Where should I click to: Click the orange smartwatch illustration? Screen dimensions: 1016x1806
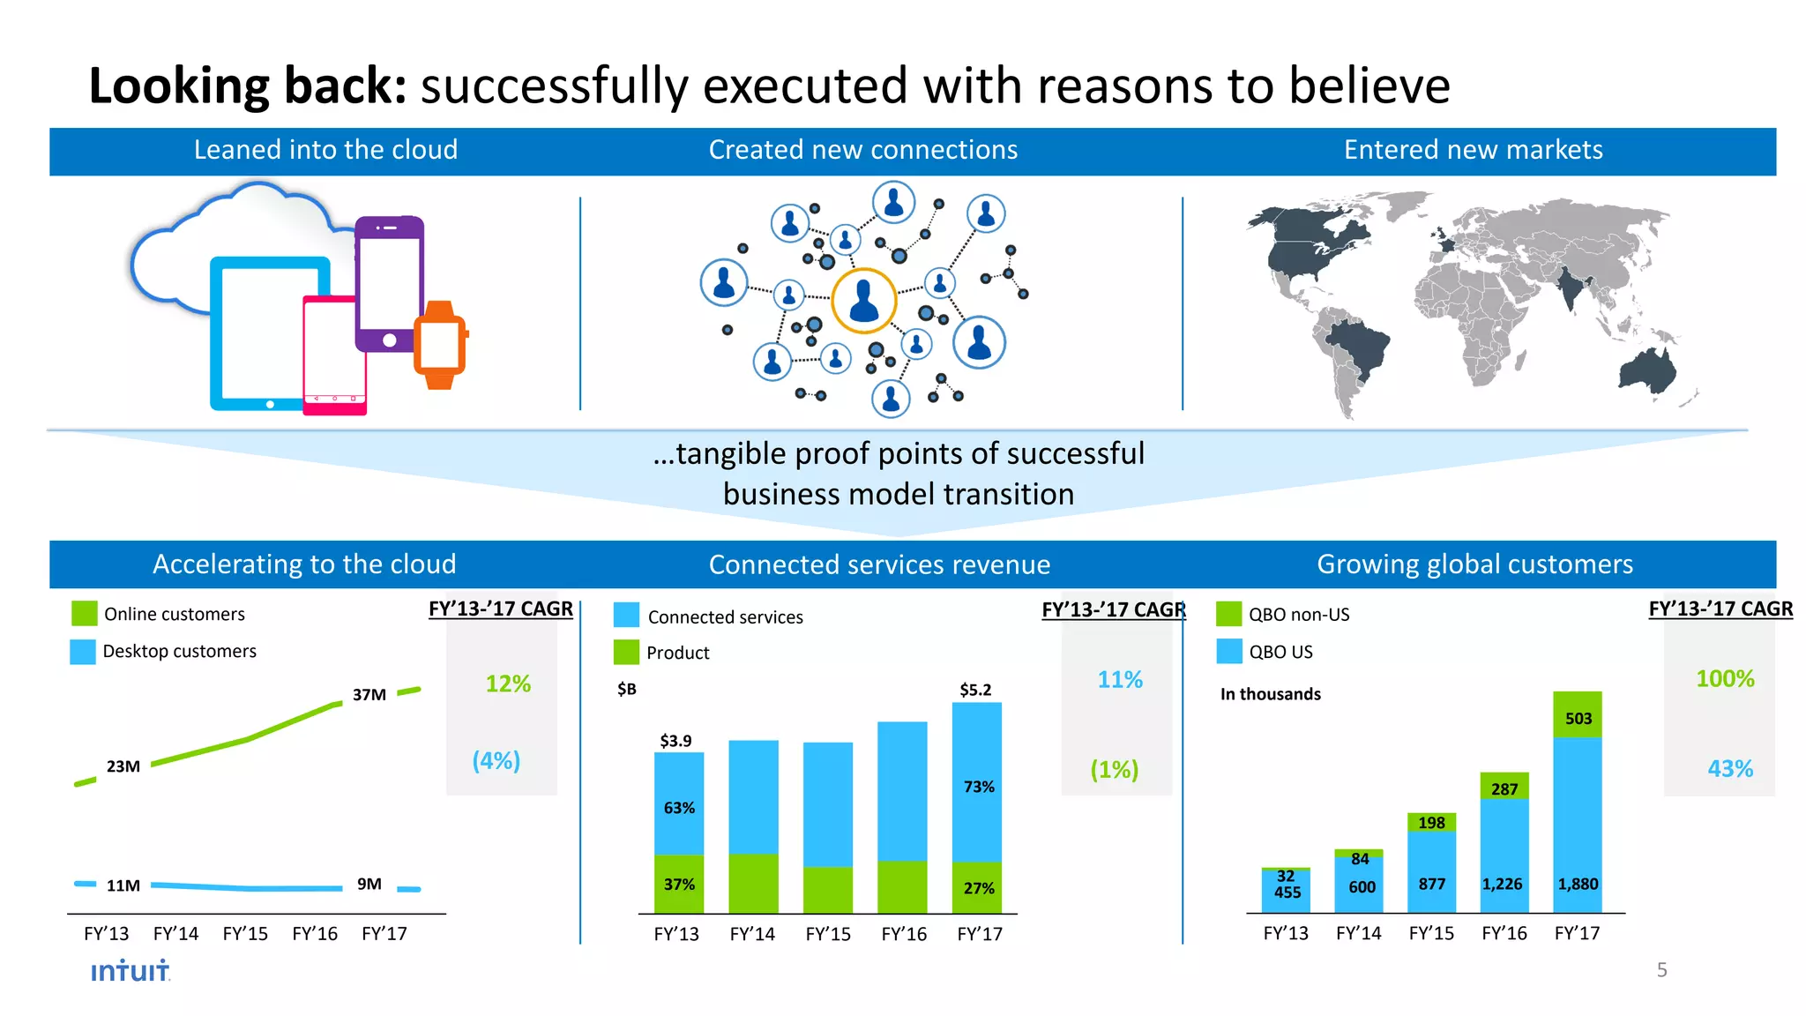tap(440, 345)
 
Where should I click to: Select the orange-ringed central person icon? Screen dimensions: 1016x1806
tap(863, 301)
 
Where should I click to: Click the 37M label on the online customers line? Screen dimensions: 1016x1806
tap(369, 695)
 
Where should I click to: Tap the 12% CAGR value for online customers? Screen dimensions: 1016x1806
tap(508, 684)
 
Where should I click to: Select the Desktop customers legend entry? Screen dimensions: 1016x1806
tap(179, 651)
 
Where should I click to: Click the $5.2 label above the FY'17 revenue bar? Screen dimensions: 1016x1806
tap(975, 690)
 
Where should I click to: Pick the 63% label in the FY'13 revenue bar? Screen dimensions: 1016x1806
tap(679, 808)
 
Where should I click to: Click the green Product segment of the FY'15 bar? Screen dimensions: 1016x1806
tap(828, 889)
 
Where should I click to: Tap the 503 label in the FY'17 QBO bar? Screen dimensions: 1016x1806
tap(1578, 719)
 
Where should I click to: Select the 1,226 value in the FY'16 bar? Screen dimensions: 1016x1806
tap(1503, 884)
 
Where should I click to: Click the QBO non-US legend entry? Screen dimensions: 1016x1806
tap(1298, 615)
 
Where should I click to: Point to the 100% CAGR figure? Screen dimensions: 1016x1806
tap(1725, 679)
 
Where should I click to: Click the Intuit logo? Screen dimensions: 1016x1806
tap(131, 971)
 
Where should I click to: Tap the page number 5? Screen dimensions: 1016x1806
tap(1661, 970)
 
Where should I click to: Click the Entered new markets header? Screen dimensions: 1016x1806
tap(1473, 150)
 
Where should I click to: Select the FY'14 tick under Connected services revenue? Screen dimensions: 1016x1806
tap(752, 934)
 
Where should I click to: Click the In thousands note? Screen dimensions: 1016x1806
tap(1270, 694)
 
